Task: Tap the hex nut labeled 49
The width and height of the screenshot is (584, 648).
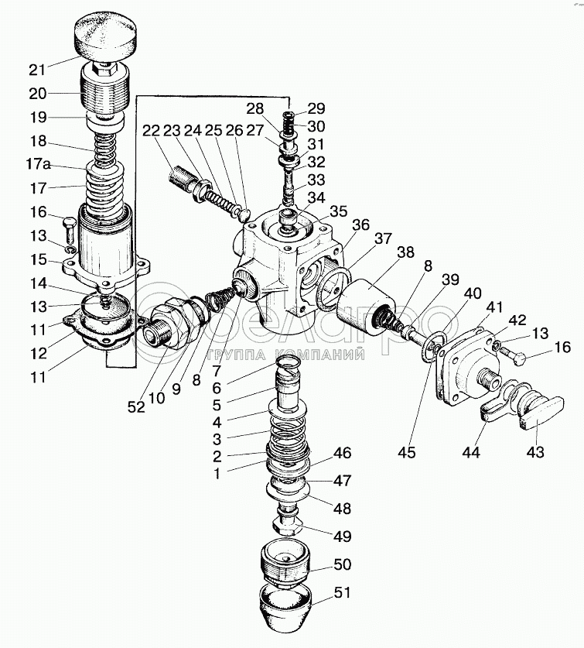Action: point(289,526)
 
